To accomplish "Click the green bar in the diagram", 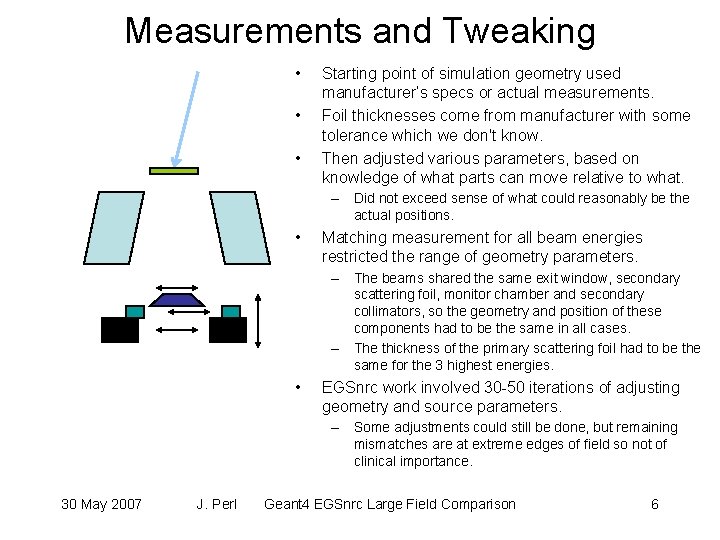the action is point(173,171).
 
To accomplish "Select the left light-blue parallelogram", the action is point(114,227).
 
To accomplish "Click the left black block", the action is point(120,330).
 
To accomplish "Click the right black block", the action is point(227,330).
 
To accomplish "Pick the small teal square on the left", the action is point(135,311).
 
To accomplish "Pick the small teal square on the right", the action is point(231,311).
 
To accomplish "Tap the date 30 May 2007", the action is point(101,504).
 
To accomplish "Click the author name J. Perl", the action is point(217,504).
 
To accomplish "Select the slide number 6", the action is point(654,504).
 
